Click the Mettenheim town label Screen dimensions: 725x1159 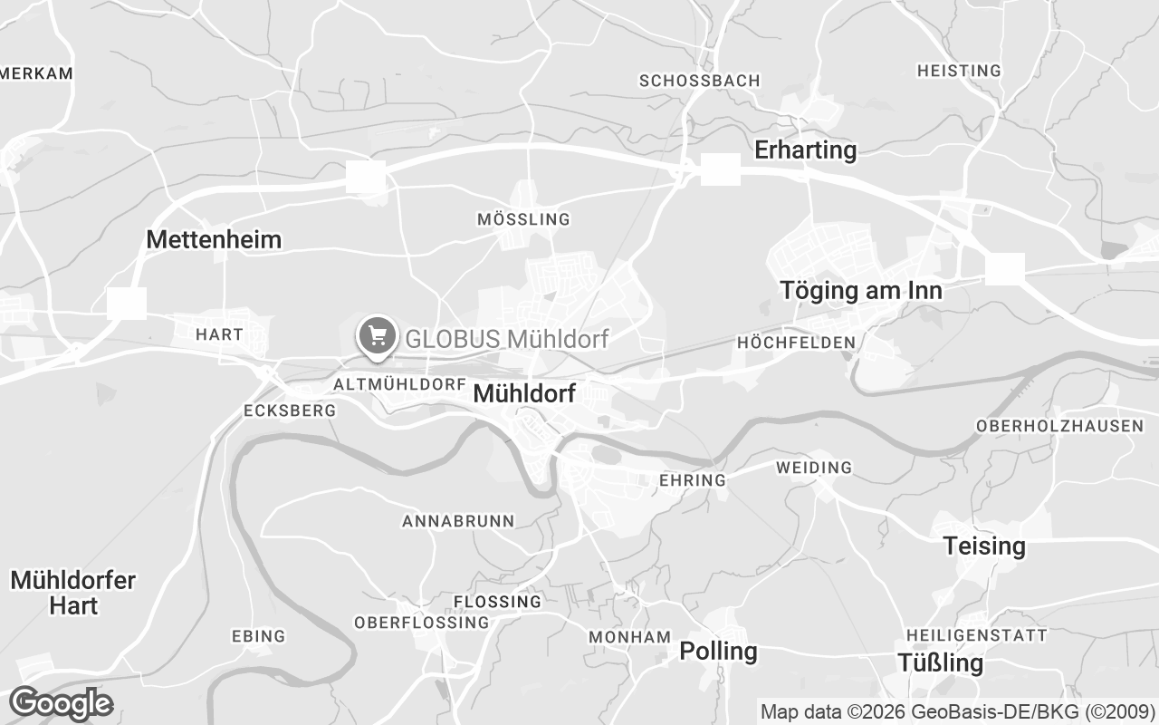[214, 240]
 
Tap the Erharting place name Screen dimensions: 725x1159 [806, 150]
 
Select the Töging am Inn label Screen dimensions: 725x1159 [861, 291]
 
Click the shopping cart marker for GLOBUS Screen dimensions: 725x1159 [377, 336]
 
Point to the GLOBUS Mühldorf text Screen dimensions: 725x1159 [506, 339]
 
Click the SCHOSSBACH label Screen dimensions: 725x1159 [699, 81]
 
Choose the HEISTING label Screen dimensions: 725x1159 [959, 71]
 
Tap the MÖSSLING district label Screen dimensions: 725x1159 [523, 219]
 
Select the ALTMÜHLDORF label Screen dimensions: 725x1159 [399, 384]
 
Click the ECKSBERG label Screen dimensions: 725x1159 [290, 411]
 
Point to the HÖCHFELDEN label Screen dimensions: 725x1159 [796, 343]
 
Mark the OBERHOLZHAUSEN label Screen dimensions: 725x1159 [1059, 426]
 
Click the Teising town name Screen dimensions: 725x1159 [984, 546]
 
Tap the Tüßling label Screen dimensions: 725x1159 [940, 662]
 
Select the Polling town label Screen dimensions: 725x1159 [718, 651]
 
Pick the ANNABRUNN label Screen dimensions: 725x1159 [458, 521]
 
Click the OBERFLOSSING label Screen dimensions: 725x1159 [421, 623]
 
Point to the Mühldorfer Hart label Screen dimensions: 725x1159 [73, 593]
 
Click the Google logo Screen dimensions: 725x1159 [61, 703]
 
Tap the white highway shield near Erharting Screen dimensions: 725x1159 [721, 169]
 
